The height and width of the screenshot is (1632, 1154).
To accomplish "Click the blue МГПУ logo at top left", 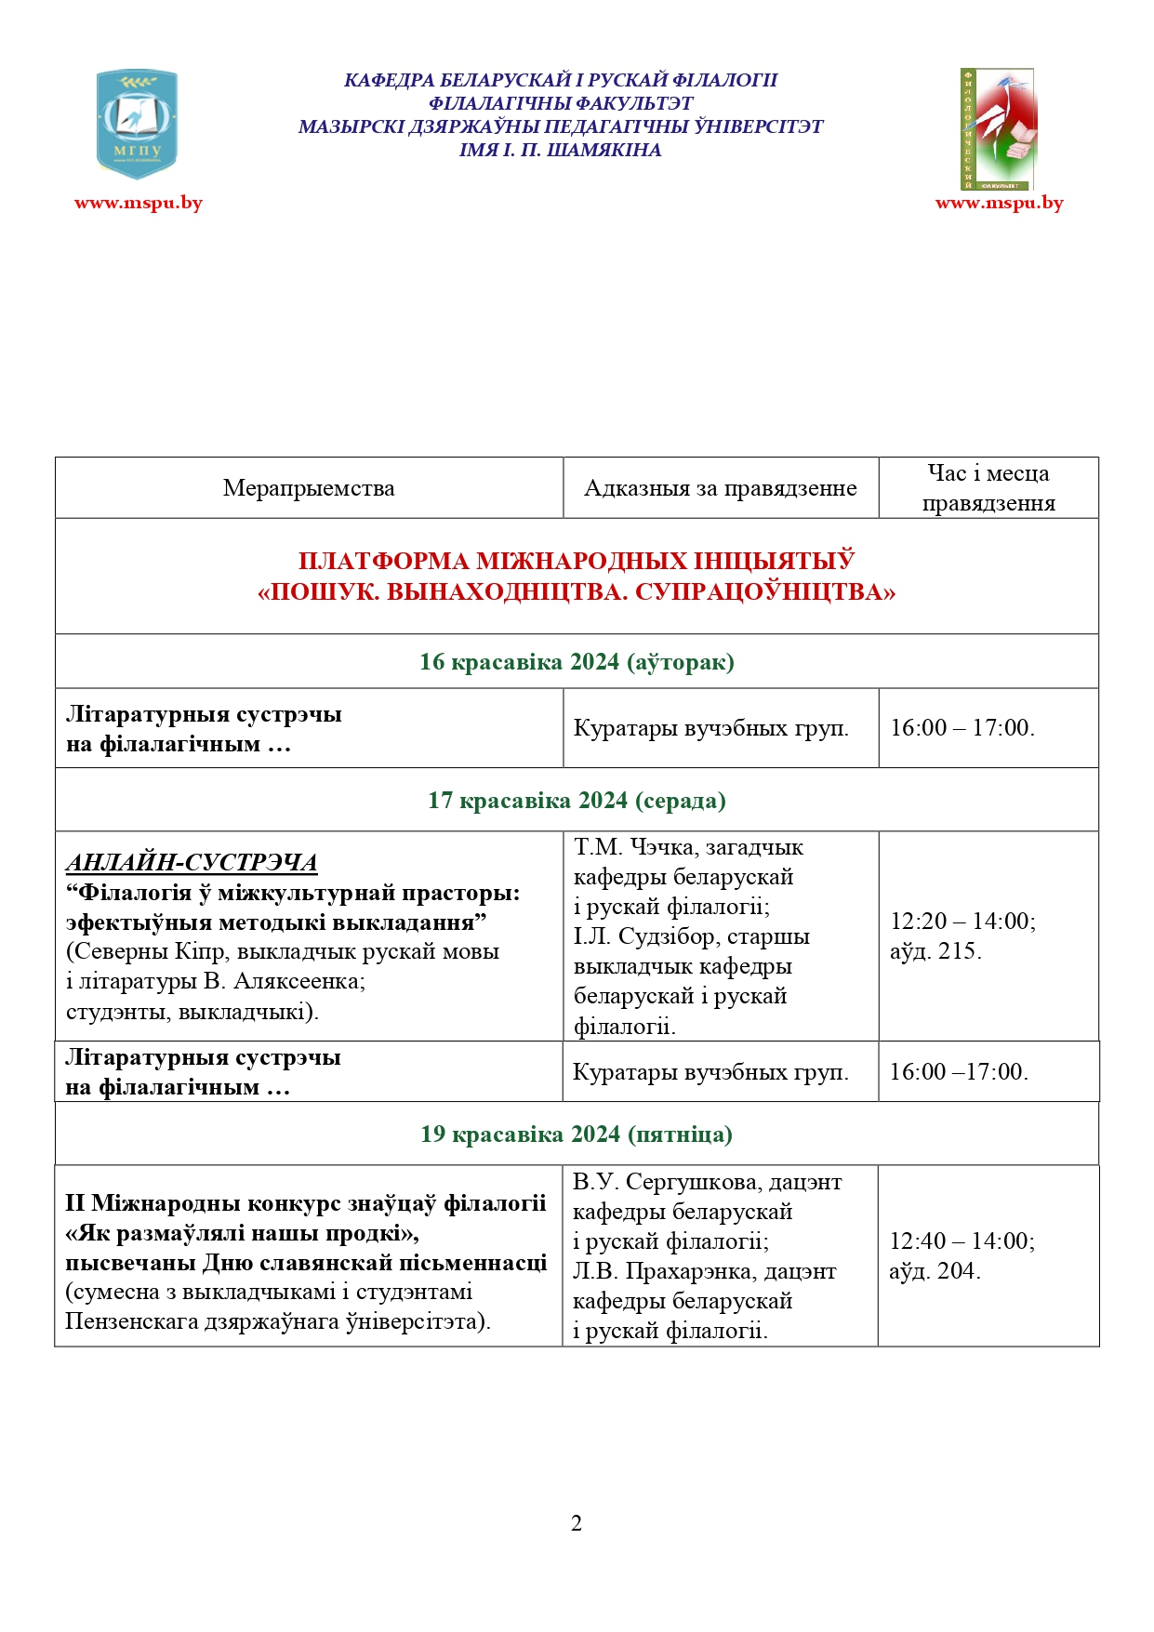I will [x=137, y=123].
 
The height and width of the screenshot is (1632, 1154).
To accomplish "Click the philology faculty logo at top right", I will [x=998, y=128].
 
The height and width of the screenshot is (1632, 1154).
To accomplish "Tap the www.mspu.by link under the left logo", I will [x=139, y=203].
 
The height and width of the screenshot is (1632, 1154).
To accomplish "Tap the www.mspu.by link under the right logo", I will [x=999, y=203].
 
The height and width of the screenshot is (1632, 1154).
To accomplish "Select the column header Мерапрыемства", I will [x=309, y=488].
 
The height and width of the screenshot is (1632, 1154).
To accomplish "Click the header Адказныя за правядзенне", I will [x=720, y=488].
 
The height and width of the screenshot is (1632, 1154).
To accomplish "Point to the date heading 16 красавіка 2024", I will [x=577, y=661].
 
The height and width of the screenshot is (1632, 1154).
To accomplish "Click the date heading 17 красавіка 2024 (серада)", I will [x=577, y=800].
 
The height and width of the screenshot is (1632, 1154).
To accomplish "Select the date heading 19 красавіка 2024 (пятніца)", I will [x=577, y=1134].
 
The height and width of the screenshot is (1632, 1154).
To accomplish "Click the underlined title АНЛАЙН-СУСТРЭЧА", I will [x=192, y=862].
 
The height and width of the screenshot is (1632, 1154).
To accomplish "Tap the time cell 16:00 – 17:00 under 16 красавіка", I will [x=962, y=727].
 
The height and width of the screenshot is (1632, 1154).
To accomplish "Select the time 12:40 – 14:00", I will [x=962, y=1241].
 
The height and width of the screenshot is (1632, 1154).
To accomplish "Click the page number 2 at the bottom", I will [x=577, y=1523].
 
